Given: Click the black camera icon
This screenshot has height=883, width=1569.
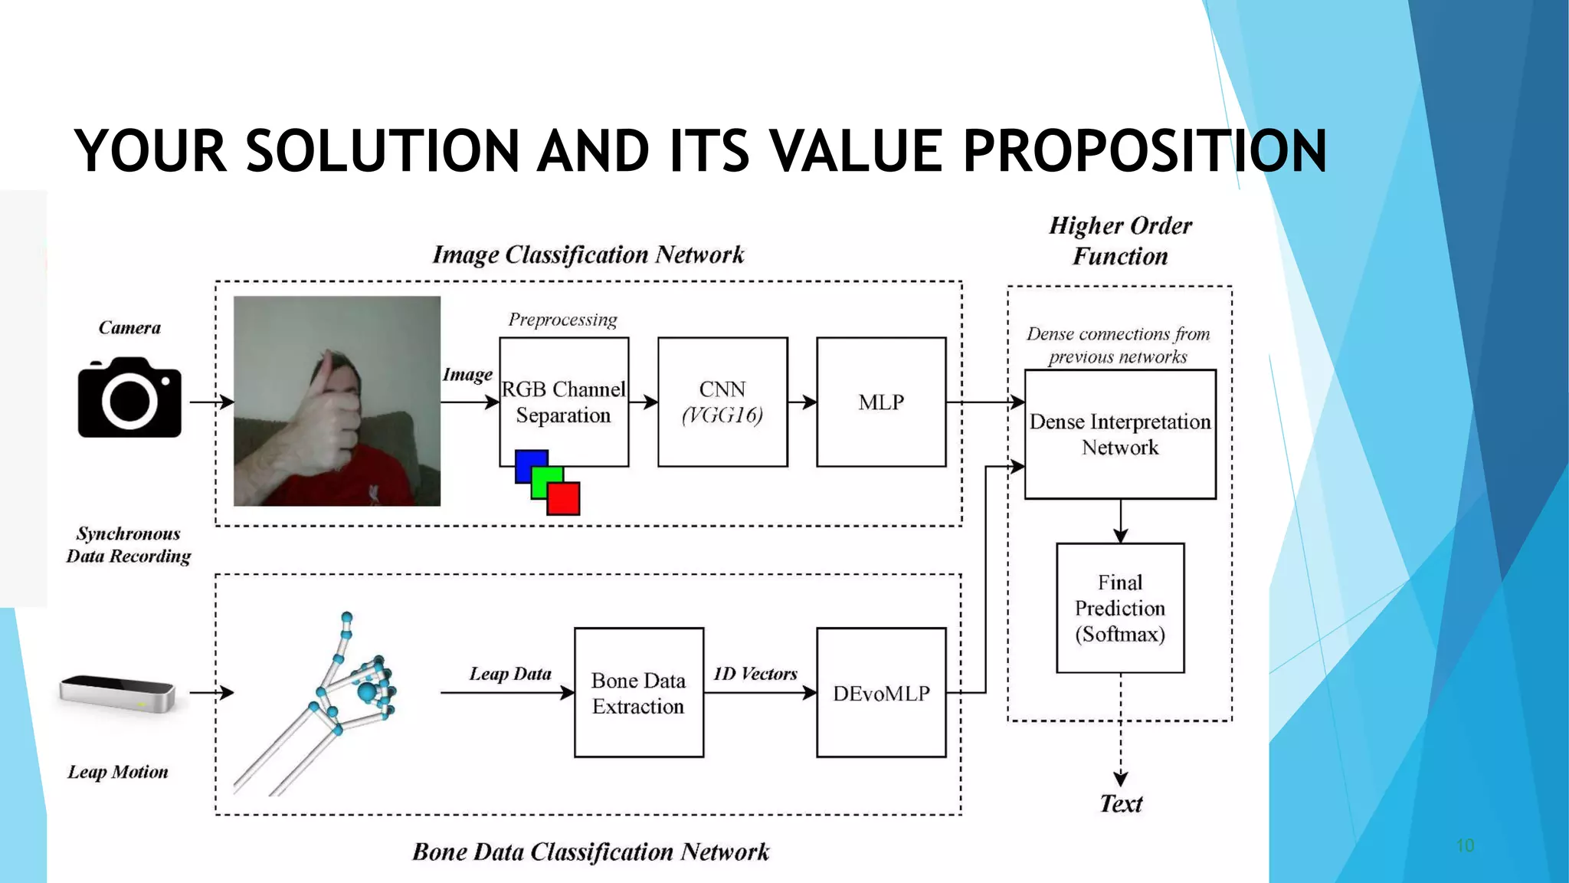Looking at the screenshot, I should (x=129, y=398).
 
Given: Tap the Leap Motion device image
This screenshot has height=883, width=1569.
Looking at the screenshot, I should (x=118, y=693).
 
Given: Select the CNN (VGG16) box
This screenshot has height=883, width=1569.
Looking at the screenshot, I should (x=722, y=402).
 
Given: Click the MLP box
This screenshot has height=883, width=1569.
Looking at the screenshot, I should (x=881, y=402).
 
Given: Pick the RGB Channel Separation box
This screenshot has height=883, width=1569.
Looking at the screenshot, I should (x=564, y=402).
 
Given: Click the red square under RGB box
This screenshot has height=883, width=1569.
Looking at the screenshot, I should (x=564, y=498).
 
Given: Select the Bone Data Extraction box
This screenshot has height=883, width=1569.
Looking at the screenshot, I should (x=639, y=693).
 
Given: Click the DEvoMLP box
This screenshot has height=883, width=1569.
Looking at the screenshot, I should (x=881, y=693).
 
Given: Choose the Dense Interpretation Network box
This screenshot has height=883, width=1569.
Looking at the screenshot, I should (x=1120, y=435).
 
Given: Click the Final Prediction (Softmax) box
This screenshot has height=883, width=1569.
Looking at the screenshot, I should (x=1120, y=608).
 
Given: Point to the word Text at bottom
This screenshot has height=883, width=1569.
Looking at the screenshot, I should (x=1121, y=803).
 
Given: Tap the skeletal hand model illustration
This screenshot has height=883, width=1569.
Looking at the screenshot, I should (x=337, y=698).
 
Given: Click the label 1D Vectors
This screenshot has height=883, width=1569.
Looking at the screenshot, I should (x=755, y=674).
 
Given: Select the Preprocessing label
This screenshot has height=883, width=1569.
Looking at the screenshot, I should (x=563, y=320).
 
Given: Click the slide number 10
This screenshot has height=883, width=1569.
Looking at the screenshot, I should (x=1465, y=845).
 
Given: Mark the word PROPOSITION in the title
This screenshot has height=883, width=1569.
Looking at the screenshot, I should (x=1145, y=151).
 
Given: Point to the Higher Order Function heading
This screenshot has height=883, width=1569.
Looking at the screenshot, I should (x=1120, y=241).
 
